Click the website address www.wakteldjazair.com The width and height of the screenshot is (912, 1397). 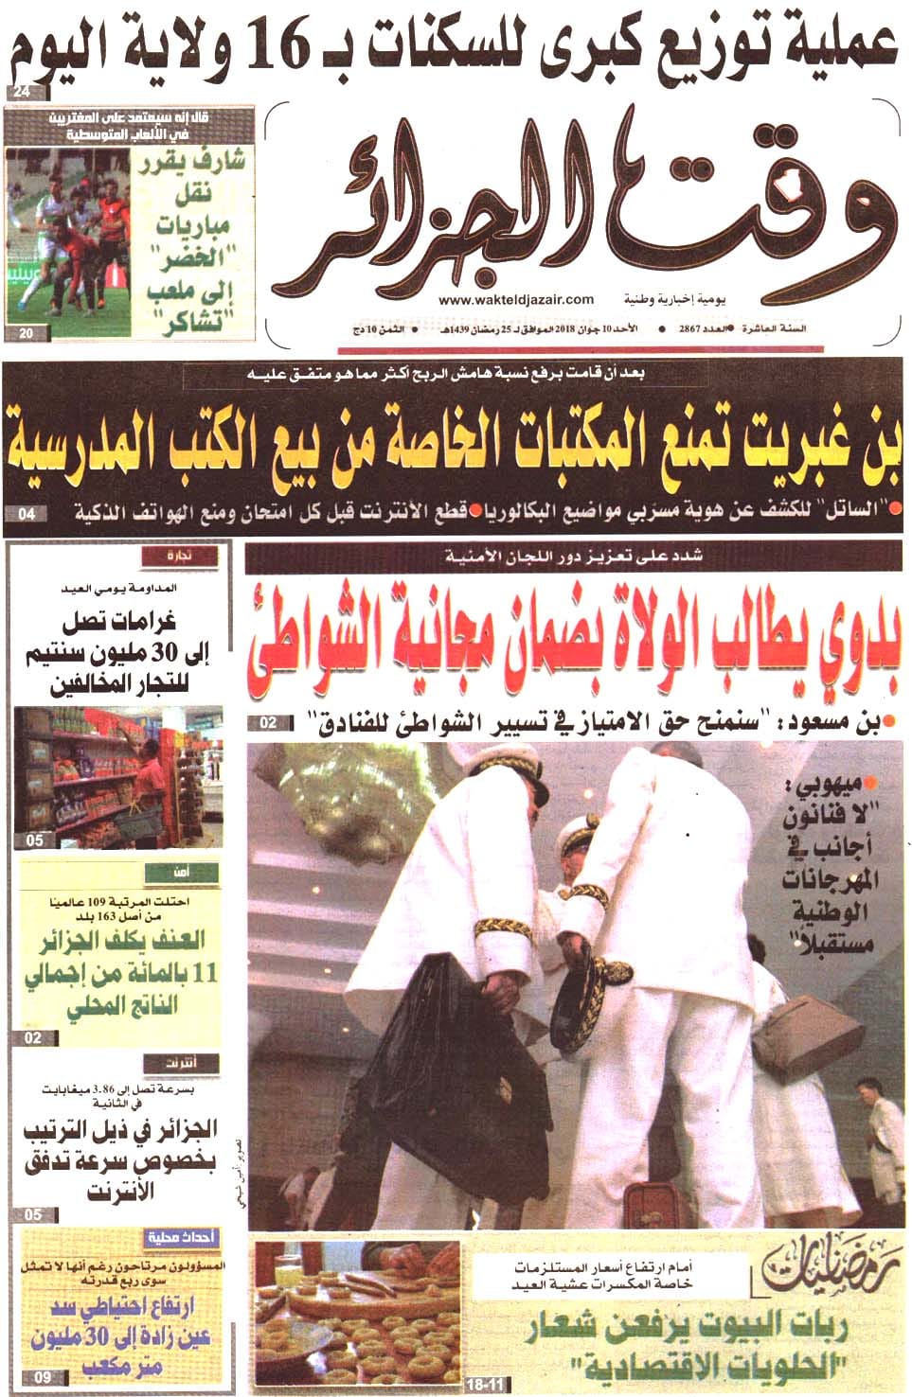tap(516, 298)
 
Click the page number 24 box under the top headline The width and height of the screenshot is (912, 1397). tap(22, 93)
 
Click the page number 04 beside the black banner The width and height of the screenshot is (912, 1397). tap(26, 514)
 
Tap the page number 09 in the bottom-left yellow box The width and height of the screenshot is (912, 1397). tap(43, 1378)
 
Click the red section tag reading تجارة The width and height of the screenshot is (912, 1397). tap(181, 557)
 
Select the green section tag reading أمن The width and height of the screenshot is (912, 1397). tap(181, 872)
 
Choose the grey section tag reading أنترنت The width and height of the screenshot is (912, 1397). tap(181, 1061)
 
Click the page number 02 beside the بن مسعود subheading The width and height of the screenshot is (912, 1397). tap(268, 723)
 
